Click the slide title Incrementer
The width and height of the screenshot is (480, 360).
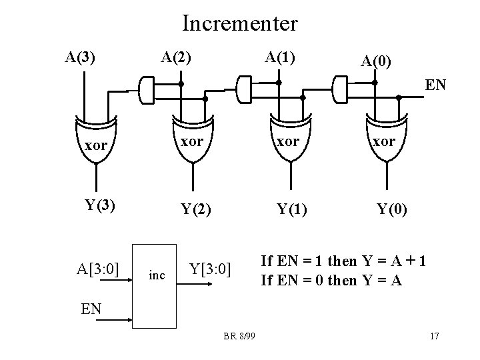(240, 24)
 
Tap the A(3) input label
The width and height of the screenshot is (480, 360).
(79, 57)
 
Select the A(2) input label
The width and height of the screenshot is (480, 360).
(176, 57)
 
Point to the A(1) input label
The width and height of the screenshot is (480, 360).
(281, 57)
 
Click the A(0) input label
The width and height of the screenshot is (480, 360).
(377, 62)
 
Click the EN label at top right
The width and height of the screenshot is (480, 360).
(435, 85)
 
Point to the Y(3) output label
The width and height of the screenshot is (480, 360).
(96, 204)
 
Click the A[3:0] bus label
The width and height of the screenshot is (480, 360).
(98, 269)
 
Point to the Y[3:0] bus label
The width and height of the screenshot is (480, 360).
(210, 269)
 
